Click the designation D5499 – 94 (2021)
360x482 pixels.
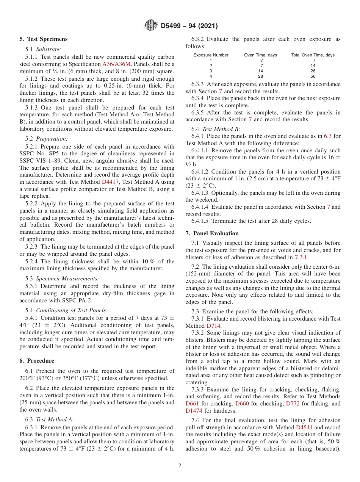click(x=189, y=26)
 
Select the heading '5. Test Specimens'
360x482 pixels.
click(x=44, y=39)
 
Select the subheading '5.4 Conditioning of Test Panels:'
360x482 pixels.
click(x=66, y=310)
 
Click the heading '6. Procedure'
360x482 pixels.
click(x=37, y=361)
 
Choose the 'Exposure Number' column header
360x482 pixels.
click(x=211, y=55)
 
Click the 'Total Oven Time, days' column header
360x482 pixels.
click(x=313, y=55)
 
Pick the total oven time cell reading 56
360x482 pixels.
click(x=313, y=76)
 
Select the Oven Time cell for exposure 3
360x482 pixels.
click(x=261, y=71)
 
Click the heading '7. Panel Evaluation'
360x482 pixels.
click(x=212, y=233)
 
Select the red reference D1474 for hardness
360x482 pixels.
click(x=194, y=411)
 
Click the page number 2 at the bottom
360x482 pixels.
click(x=180, y=466)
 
